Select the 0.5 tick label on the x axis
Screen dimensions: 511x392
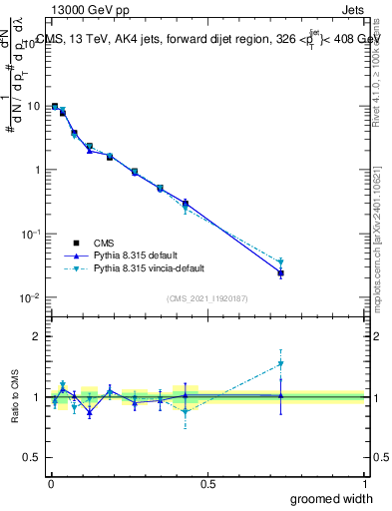(206, 483)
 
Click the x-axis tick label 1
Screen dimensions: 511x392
(364, 483)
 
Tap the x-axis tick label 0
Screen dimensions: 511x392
(50, 483)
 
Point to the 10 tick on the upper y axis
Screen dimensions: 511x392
(32, 106)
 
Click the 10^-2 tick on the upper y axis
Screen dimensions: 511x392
(30, 297)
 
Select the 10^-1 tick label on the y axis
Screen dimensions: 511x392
(30, 234)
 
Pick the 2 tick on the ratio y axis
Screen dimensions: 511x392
(37, 337)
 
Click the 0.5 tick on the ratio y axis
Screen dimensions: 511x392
(33, 458)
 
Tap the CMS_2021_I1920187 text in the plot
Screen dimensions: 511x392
(207, 298)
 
